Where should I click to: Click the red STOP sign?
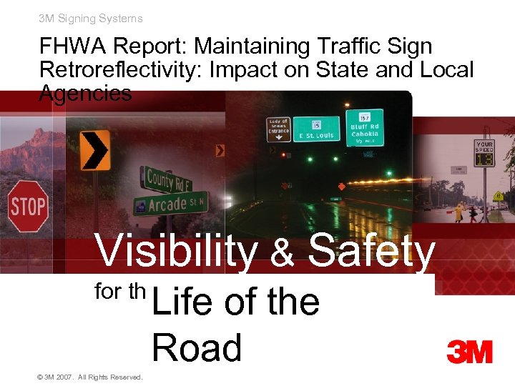28,207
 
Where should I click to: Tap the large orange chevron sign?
94,150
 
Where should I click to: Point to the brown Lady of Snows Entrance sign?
279,129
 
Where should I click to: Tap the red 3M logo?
469,352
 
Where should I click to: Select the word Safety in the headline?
371,252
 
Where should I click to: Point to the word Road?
197,348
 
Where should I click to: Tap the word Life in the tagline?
182,302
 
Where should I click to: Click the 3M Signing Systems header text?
91,19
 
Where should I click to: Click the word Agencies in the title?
86,94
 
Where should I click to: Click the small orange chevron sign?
220,150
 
